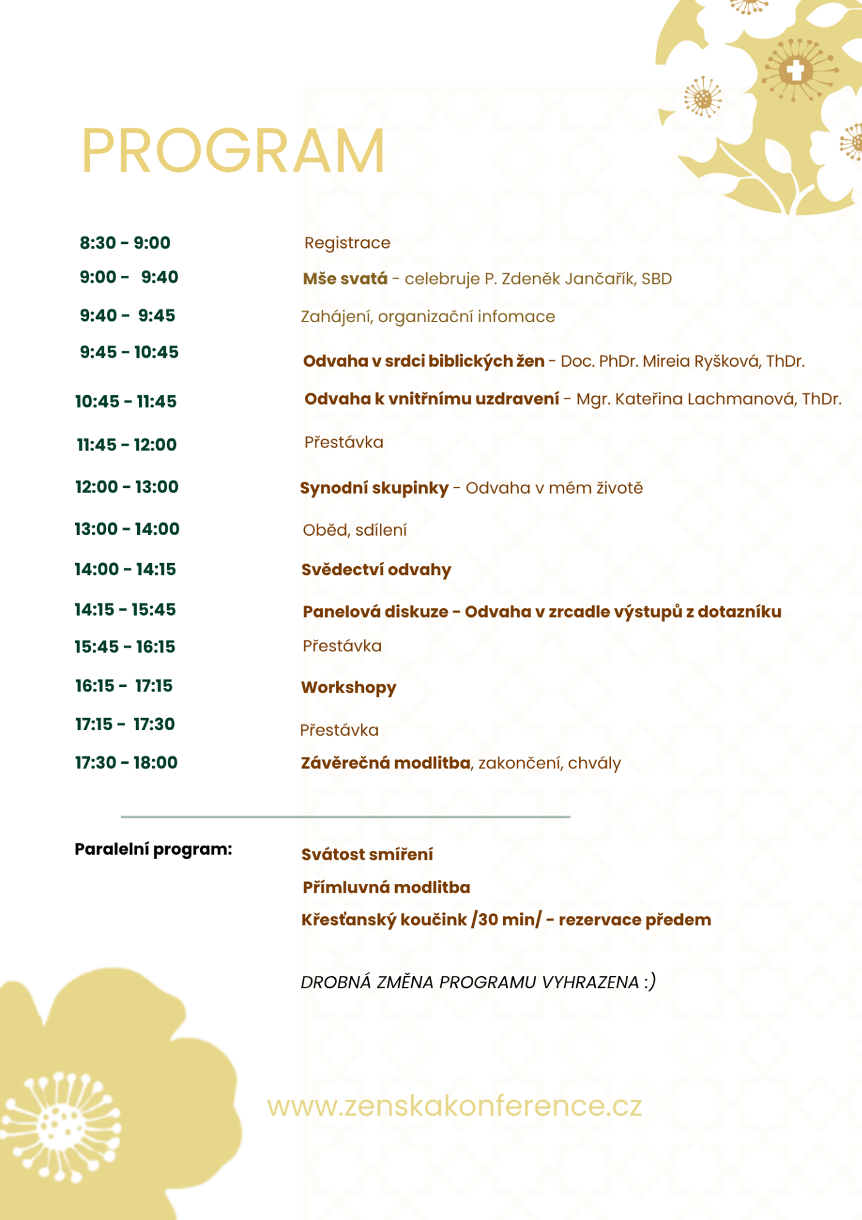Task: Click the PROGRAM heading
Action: coord(233,151)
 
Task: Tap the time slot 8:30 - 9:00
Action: coord(125,243)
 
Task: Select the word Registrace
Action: coord(347,243)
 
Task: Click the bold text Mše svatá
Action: coord(345,278)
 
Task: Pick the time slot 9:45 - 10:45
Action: coord(129,352)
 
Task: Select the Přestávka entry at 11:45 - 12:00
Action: coord(344,442)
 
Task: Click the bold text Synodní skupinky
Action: coord(374,488)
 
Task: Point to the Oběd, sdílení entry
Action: coord(354,530)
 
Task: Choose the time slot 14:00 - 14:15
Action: coord(125,569)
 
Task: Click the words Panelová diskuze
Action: coord(375,612)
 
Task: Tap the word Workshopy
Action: coord(349,688)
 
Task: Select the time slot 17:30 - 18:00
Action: coord(126,762)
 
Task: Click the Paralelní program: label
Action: coord(153,849)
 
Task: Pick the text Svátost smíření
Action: coord(367,855)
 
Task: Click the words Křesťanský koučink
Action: coord(384,920)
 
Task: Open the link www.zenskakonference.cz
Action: coord(454,1106)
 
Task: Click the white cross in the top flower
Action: coord(795,69)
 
